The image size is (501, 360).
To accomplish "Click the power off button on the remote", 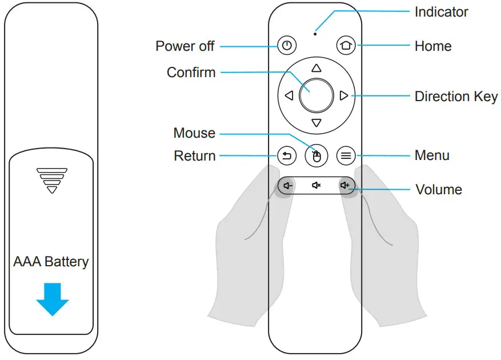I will (287, 46).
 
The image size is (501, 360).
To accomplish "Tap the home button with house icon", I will (345, 46).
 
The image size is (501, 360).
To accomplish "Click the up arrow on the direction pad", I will (316, 67).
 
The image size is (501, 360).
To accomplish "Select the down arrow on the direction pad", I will (316, 123).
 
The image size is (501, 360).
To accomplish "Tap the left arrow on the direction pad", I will (288, 95).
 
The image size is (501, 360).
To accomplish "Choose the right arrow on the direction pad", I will (343, 95).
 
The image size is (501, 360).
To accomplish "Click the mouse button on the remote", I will (316, 155).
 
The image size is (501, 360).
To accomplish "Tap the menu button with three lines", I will (345, 155).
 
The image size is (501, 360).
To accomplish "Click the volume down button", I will (287, 186).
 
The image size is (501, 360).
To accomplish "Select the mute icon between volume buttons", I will (316, 186).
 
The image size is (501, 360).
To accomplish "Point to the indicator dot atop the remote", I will (315, 33).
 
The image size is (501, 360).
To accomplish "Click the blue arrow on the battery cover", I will (52, 299).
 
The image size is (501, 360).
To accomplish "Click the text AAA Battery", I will (51, 262).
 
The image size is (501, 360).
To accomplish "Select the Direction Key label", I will (456, 97).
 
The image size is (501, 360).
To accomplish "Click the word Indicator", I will (441, 12).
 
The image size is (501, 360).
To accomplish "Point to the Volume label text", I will (438, 190).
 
